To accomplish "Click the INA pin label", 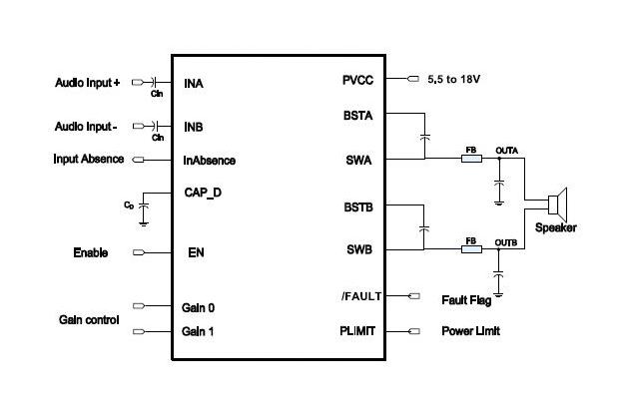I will [196, 84].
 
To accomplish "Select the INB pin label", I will [196, 128].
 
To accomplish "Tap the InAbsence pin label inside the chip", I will [210, 160].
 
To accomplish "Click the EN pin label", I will [196, 253].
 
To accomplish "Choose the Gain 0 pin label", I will [199, 307].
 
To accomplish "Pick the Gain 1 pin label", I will [199, 331].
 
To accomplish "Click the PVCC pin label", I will [357, 80].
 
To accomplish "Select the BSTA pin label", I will [357, 115].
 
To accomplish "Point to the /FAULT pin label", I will [356, 296].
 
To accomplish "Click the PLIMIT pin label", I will [356, 331].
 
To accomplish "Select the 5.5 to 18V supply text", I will [457, 80].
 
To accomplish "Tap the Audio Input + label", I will [87, 83].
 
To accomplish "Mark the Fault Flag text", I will [467, 298].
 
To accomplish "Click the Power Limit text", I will [470, 331].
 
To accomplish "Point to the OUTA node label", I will [506, 150].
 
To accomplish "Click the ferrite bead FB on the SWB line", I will [472, 249].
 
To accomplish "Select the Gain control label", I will [89, 320].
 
